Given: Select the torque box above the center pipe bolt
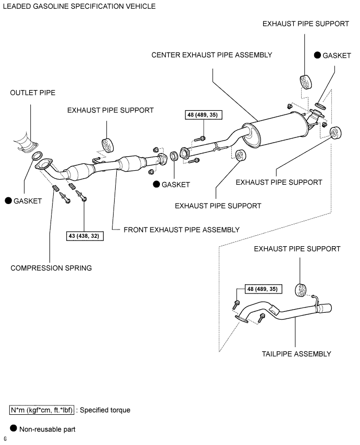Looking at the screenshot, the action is pyautogui.click(x=203, y=115).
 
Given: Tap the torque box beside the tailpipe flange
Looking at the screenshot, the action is pyautogui.click(x=264, y=289).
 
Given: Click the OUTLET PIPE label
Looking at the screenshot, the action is pyautogui.click(x=33, y=93).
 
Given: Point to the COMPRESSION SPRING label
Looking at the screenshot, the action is pyautogui.click(x=51, y=268).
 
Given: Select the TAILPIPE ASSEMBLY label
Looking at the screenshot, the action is pyautogui.click(x=296, y=354).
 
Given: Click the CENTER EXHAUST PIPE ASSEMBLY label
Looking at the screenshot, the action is pyautogui.click(x=212, y=55).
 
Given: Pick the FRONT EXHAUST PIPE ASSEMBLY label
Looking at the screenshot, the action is pyautogui.click(x=181, y=230).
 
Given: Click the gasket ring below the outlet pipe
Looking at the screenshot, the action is pyautogui.click(x=36, y=156).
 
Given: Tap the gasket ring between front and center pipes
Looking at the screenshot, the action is pyautogui.click(x=174, y=156).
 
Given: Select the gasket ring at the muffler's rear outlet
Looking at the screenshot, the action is pyautogui.click(x=320, y=106).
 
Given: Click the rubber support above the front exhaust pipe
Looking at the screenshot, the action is pyautogui.click(x=107, y=145).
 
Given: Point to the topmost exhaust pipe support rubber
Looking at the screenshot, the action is pyautogui.click(x=306, y=82).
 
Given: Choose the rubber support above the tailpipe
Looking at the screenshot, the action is pyautogui.click(x=301, y=290).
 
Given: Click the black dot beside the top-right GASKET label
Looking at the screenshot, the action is pyautogui.click(x=317, y=55).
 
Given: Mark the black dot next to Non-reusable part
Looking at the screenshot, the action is pyautogui.click(x=14, y=428).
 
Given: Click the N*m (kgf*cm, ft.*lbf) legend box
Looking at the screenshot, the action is pyautogui.click(x=42, y=410).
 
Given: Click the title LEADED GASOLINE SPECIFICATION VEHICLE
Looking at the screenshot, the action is pyautogui.click(x=79, y=6).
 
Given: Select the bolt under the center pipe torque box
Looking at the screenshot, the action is pyautogui.click(x=200, y=139).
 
